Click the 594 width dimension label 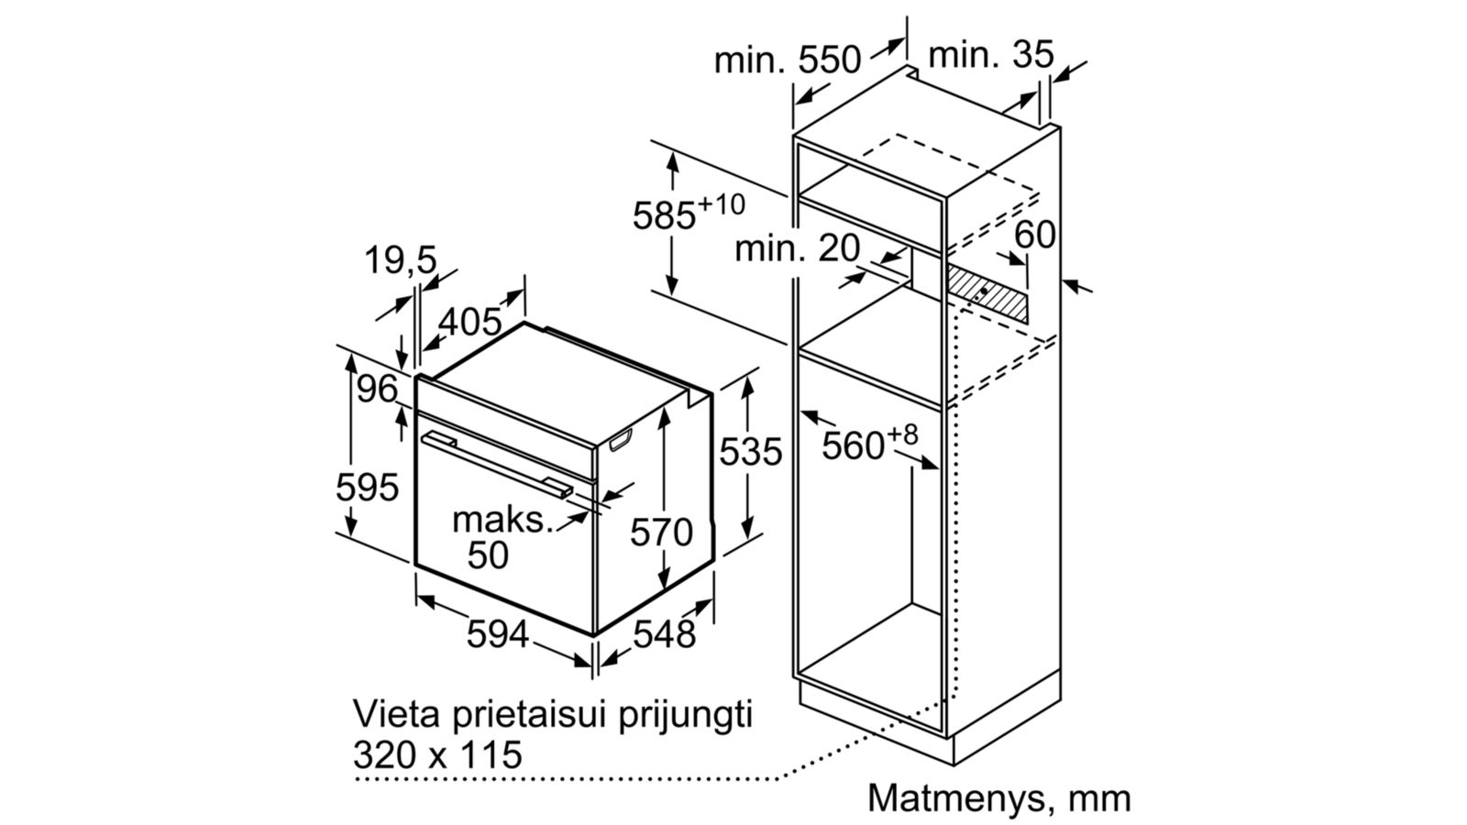coord(497,633)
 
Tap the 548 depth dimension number coord(664,633)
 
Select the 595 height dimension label coord(367,487)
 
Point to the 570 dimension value coord(661,532)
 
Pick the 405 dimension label coord(469,322)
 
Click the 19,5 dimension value coord(400,259)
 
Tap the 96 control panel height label coord(377,389)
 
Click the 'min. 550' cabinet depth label coord(788,60)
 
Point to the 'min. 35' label coord(991,54)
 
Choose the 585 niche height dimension coord(689,214)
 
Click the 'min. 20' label coord(797,248)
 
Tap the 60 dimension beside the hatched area coord(1035,234)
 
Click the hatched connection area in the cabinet coord(987,294)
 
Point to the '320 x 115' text coord(437,754)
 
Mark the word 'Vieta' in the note coord(395,713)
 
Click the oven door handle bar coord(496,465)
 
